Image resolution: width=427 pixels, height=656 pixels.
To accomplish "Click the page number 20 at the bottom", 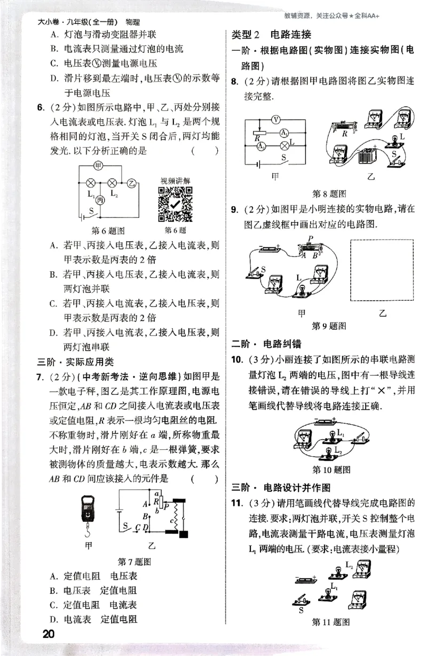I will click(x=49, y=634).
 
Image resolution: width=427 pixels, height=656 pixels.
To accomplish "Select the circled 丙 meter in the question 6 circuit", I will click(x=100, y=200).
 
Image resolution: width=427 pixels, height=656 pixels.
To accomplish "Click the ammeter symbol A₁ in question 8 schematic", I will click(x=285, y=132).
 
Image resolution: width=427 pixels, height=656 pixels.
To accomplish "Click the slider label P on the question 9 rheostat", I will click(x=310, y=238).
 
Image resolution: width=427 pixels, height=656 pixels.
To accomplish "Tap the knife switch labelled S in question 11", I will click(x=303, y=599).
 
